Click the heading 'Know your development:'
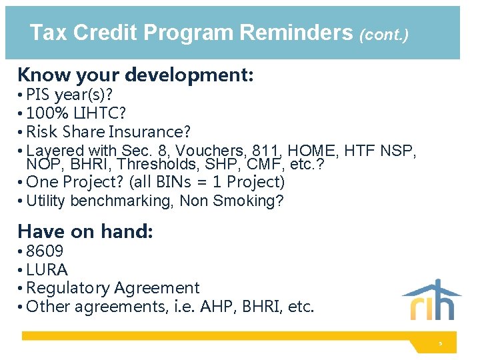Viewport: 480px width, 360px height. [x=135, y=75]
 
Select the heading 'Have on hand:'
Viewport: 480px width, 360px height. [x=85, y=231]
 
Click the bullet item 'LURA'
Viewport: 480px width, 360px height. [x=47, y=270]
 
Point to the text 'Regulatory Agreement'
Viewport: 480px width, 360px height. [x=113, y=288]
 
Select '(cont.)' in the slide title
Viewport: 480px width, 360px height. [x=383, y=34]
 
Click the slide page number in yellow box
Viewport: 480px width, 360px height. [x=440, y=343]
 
